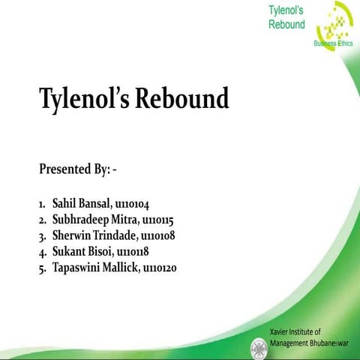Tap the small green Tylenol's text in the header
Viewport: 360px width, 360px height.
click(x=286, y=10)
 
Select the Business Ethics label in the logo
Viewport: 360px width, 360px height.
click(x=333, y=43)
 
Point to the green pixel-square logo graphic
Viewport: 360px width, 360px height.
click(x=334, y=26)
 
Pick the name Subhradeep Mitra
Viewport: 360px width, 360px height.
click(x=94, y=220)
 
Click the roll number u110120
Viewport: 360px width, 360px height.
click(x=159, y=267)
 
